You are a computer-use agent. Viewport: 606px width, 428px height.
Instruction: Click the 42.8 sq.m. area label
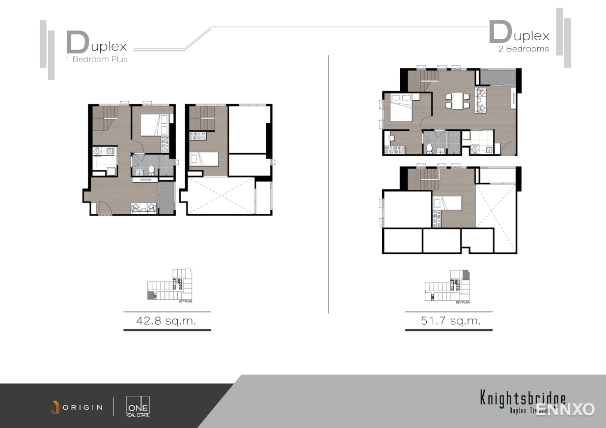pyautogui.click(x=167, y=321)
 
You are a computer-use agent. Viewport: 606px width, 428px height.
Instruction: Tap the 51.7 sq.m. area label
pyautogui.click(x=450, y=321)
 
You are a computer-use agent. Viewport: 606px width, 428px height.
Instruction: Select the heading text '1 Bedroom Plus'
pyautogui.click(x=97, y=59)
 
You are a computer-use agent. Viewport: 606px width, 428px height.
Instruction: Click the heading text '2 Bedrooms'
pyautogui.click(x=524, y=49)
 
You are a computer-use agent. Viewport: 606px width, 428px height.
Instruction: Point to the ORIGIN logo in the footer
pyautogui.click(x=76, y=407)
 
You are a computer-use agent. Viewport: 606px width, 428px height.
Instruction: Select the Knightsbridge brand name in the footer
pyautogui.click(x=522, y=398)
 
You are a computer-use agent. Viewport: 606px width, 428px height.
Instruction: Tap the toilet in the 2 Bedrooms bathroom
pyautogui.click(x=429, y=148)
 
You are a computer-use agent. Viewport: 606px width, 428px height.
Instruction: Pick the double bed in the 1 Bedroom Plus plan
pyautogui.click(x=154, y=124)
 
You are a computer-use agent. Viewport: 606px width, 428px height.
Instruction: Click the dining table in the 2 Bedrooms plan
pyautogui.click(x=456, y=100)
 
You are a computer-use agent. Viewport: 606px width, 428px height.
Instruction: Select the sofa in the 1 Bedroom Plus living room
pyautogui.click(x=144, y=207)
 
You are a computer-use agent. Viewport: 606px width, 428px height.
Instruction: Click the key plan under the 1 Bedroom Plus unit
pyautogui.click(x=171, y=287)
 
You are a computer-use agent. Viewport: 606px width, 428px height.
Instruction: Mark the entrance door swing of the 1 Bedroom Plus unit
pyautogui.click(x=104, y=208)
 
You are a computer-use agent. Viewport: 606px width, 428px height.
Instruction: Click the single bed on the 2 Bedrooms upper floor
pyautogui.click(x=447, y=203)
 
